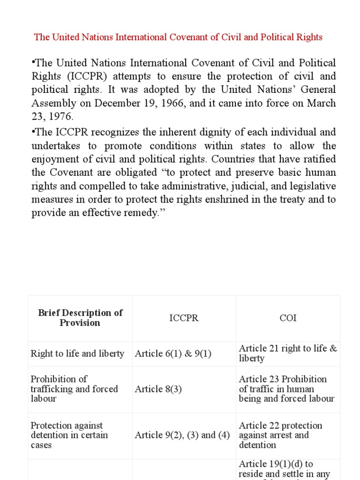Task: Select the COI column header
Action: [288, 318]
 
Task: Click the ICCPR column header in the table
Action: [184, 318]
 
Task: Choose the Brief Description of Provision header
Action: [80, 318]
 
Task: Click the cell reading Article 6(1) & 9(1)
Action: [173, 354]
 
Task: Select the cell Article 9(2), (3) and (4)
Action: [182, 435]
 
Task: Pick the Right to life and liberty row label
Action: [77, 354]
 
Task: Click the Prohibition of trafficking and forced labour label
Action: [74, 389]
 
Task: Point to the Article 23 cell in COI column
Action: [286, 389]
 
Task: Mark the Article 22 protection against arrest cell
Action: [280, 435]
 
